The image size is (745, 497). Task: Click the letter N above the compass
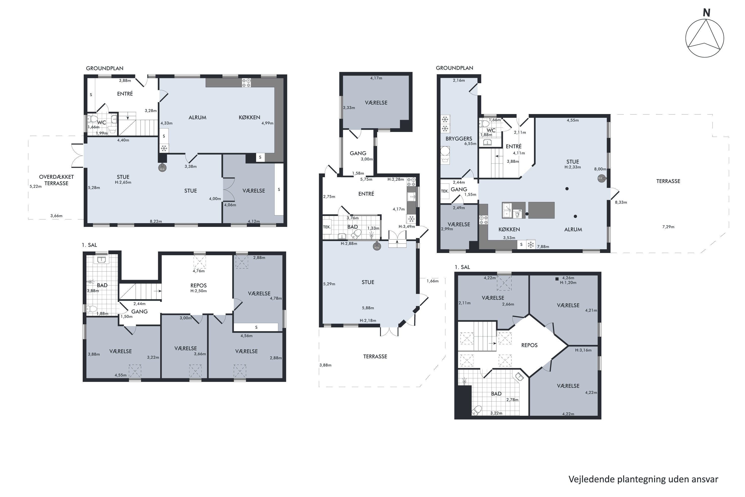(706, 13)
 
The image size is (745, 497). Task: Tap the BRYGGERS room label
(459, 138)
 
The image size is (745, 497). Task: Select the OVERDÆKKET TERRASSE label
(56, 180)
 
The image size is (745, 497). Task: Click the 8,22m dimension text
(156, 221)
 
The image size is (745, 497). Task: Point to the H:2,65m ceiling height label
(123, 182)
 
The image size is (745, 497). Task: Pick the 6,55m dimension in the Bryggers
(470, 144)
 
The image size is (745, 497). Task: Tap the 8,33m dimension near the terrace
(621, 202)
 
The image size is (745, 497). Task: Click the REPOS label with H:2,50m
(199, 285)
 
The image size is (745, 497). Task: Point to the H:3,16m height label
(583, 350)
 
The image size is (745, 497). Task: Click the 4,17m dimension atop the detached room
(376, 78)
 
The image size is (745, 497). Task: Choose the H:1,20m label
(568, 282)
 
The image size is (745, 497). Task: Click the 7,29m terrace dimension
(668, 227)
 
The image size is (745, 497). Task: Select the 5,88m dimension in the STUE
(368, 308)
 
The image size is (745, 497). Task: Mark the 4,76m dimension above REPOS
(199, 271)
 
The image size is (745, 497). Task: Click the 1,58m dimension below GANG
(358, 173)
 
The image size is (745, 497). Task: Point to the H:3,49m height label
(407, 227)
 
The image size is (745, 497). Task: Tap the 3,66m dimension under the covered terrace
(56, 216)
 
